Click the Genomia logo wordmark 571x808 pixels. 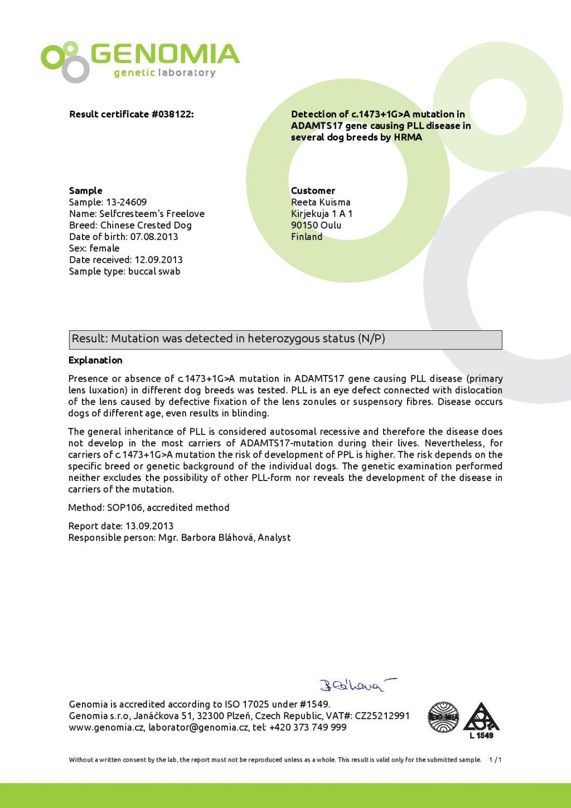point(165,55)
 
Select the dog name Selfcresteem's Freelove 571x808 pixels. point(152,214)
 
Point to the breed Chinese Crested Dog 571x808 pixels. point(146,225)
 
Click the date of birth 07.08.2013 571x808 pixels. point(154,237)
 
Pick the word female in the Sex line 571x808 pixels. point(105,248)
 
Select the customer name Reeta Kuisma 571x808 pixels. point(321,202)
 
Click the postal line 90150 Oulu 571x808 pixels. point(316,225)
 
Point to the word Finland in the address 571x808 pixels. point(307,237)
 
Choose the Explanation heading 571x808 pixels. point(95,360)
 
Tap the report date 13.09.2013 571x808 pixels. point(149,526)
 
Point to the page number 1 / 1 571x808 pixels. point(495,760)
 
